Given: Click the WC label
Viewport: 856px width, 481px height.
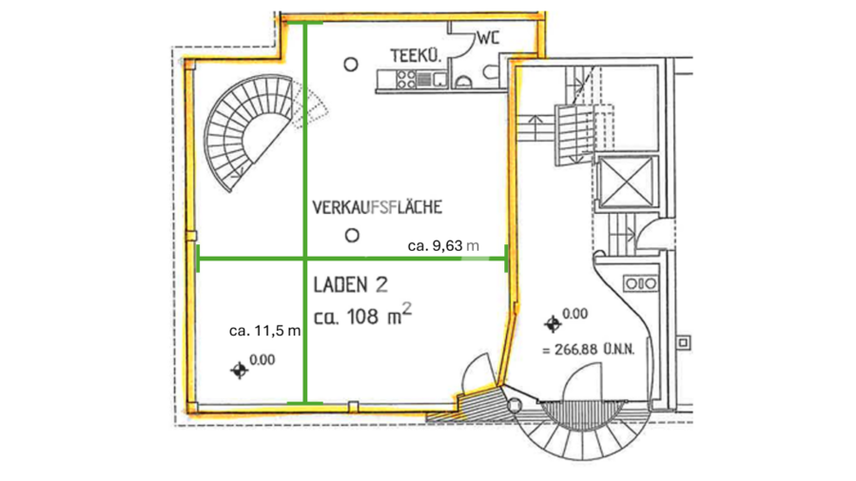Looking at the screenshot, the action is (488, 38).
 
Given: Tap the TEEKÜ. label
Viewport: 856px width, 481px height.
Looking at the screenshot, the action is (416, 56).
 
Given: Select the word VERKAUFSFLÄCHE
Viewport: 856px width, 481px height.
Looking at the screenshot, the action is (378, 207).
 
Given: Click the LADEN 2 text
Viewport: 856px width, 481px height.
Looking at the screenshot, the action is (350, 284).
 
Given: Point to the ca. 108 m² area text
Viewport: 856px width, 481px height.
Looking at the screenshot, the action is (362, 315).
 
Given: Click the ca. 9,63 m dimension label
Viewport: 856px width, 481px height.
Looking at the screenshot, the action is (443, 246).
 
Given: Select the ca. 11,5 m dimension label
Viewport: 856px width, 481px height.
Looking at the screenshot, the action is (264, 331).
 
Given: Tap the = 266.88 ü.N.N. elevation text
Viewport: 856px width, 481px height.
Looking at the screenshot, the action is (589, 350).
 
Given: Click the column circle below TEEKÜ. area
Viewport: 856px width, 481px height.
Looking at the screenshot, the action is (351, 65).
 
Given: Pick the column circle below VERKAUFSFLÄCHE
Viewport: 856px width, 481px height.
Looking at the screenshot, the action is (352, 236).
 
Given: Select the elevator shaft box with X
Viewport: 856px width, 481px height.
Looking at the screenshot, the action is (627, 183).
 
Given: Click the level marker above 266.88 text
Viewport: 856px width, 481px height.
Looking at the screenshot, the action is (553, 324).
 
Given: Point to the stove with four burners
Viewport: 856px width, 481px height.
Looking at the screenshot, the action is (406, 80).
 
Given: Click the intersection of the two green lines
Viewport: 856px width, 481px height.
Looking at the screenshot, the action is (305, 258).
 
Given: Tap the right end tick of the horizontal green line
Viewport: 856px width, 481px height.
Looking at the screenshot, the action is (507, 258).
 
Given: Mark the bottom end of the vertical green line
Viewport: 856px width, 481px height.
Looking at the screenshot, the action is (305, 403).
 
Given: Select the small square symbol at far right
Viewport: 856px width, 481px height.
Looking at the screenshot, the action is (684, 342).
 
